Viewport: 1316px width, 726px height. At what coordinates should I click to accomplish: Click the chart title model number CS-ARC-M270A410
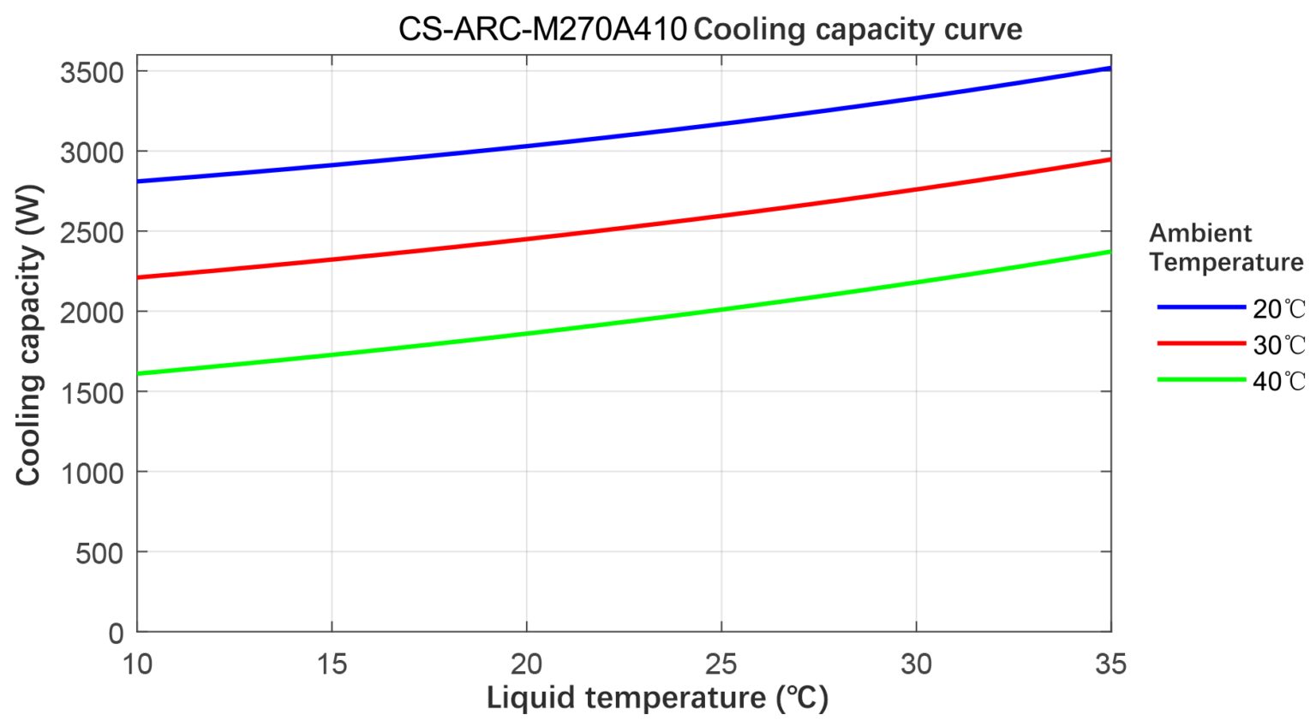542,29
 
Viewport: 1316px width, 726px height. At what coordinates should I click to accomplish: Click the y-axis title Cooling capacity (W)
28,335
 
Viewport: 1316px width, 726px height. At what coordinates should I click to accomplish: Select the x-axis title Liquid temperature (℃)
657,698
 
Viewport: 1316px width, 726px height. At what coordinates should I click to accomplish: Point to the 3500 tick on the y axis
92,73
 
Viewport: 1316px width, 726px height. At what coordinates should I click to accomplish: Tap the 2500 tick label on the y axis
92,233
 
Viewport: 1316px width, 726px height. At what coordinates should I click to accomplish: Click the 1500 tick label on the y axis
92,393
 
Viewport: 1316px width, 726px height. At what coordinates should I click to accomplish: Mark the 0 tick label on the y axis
116,634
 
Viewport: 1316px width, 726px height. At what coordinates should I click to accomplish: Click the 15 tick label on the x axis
332,664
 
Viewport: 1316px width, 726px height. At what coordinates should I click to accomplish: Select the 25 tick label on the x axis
721,664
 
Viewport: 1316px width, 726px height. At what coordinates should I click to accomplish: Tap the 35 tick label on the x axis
1110,664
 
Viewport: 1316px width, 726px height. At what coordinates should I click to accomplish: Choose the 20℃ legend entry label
1278,309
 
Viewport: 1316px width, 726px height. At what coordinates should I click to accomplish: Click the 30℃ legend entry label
1278,345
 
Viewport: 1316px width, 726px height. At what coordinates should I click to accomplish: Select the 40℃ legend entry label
1278,381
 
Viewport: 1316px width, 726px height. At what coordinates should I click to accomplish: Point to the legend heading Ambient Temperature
1225,247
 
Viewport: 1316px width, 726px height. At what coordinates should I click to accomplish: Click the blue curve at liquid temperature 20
527,146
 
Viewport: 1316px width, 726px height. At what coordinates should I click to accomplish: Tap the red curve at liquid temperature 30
916,189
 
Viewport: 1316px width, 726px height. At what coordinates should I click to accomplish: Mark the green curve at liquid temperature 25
721,309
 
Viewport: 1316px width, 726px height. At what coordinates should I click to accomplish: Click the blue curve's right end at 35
1109,68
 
